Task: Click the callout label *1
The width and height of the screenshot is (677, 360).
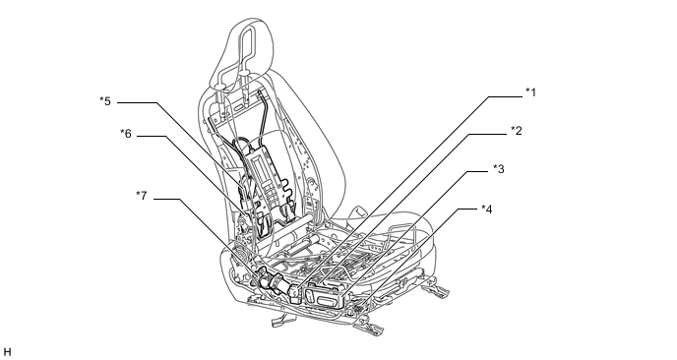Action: coord(530,92)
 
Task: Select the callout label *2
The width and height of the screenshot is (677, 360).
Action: coord(517,131)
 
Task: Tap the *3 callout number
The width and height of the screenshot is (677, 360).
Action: coord(499,169)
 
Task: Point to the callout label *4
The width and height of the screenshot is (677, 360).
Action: coord(486,209)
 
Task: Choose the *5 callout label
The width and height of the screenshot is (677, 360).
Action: coord(105,101)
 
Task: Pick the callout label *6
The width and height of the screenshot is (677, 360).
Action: coord(126,134)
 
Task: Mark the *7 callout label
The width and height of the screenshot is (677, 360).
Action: coord(141,196)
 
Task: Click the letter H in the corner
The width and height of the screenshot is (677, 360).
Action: coord(7,352)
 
